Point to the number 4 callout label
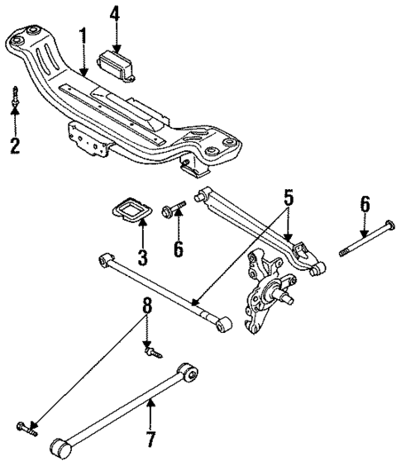115,14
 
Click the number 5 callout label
289,197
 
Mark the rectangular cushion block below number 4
117,64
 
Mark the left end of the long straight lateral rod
103,259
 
